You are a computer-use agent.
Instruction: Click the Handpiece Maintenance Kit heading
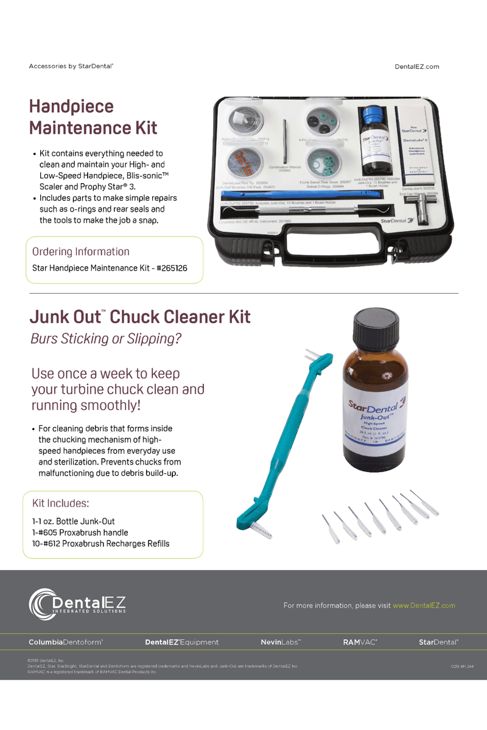[93, 117]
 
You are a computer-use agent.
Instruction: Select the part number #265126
[178, 268]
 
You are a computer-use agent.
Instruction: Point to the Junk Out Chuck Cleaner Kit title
[140, 317]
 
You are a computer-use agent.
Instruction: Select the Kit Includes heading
[60, 504]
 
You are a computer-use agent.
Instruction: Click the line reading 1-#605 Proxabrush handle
[80, 532]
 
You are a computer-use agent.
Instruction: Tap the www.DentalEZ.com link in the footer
[424, 605]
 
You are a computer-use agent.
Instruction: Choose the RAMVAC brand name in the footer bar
[360, 642]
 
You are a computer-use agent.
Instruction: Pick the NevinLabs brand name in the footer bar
[281, 642]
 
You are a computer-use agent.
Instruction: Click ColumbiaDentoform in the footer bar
[66, 642]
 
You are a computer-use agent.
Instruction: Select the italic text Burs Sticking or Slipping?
[106, 339]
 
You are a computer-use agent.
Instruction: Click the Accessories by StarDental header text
[71, 66]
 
